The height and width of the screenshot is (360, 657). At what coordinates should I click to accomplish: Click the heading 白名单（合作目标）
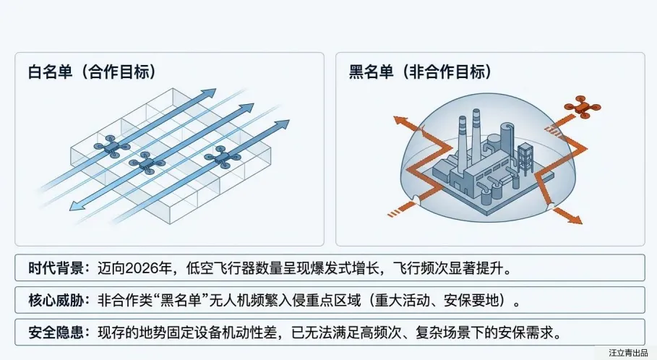93,72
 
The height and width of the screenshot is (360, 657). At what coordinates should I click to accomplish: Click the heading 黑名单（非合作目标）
421,72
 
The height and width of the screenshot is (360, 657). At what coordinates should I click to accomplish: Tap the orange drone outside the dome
583,108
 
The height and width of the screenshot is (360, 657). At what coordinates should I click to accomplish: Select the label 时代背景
51,269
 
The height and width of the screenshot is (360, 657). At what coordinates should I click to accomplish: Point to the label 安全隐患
51,333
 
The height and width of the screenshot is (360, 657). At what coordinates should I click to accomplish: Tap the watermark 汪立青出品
628,353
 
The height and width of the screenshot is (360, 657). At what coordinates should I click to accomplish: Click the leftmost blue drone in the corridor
111,148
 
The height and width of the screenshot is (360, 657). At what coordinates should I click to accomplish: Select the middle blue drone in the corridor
147,163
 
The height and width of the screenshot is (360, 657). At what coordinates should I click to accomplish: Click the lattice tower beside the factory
525,155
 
